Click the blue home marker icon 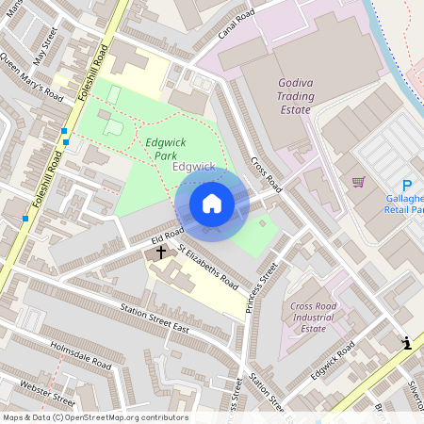tap(212, 204)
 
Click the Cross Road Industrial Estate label tap(314, 317)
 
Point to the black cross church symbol tap(161, 252)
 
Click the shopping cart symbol tap(358, 182)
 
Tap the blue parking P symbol tap(407, 186)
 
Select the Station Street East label tap(155, 319)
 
